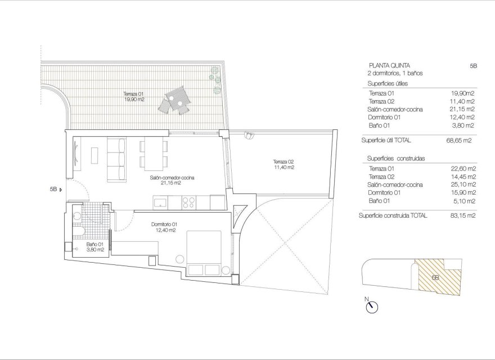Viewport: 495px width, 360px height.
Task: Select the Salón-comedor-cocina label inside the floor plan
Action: point(172,180)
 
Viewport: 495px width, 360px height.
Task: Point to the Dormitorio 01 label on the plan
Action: point(164,227)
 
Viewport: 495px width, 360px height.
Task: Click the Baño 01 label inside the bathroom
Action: point(94,247)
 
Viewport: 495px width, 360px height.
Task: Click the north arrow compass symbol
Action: point(371,307)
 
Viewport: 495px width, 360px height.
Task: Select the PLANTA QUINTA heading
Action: point(385,65)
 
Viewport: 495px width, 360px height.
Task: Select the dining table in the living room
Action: point(152,154)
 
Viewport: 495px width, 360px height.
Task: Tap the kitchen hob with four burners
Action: point(188,201)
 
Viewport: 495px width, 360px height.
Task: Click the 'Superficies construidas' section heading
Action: point(395,159)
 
